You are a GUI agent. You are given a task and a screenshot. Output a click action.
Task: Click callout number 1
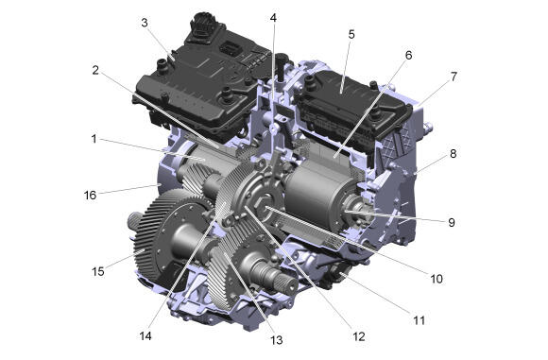point(94,139)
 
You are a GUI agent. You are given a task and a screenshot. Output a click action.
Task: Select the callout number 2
point(95,70)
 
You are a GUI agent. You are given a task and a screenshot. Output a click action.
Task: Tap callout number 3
point(145,23)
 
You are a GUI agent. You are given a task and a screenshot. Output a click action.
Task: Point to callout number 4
point(273,18)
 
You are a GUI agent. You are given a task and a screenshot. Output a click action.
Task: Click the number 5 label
point(351,34)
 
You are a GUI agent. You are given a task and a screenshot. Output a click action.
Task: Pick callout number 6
point(408,55)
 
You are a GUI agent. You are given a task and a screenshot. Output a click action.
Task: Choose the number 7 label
point(454,77)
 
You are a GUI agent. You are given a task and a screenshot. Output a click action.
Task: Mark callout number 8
point(453,153)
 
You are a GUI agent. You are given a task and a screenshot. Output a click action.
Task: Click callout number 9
point(452,222)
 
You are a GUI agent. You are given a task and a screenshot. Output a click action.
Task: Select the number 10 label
point(437,279)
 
